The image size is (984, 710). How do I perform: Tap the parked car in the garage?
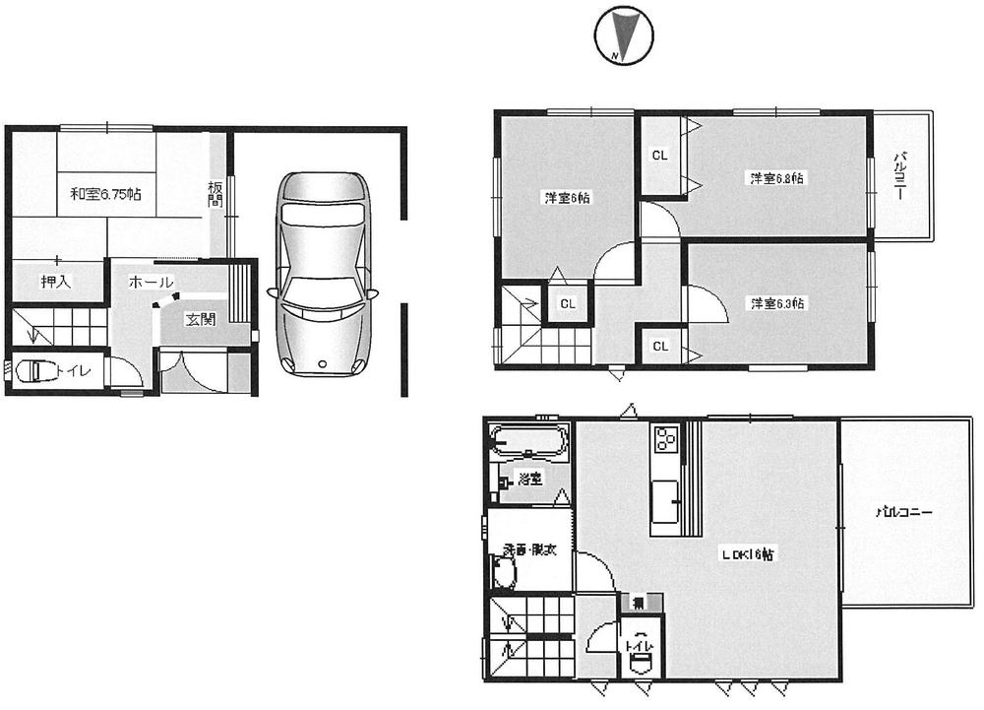(322, 274)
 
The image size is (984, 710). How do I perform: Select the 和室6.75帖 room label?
(104, 195)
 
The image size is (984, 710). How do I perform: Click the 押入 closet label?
(56, 282)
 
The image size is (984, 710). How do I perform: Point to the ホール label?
(151, 283)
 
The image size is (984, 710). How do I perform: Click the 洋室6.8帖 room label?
(777, 179)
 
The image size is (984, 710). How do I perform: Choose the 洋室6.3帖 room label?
(777, 303)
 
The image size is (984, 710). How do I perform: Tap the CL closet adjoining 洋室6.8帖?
(660, 155)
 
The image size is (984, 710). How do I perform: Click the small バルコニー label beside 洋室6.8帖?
(899, 176)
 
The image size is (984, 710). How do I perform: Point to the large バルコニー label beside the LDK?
(903, 513)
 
